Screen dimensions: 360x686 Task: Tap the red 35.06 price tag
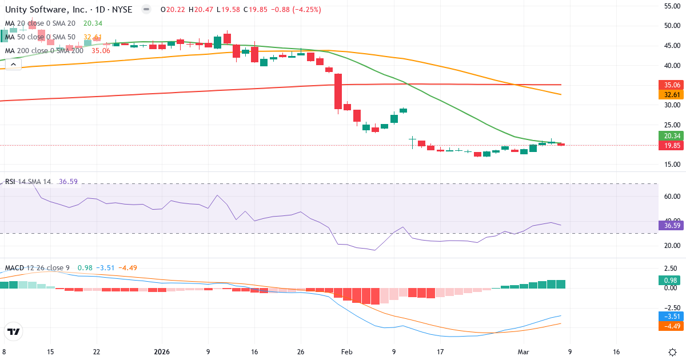click(671, 85)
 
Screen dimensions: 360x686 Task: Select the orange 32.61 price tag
click(671, 94)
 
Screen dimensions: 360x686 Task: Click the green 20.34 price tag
click(671, 136)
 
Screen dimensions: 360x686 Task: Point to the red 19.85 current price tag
click(671, 146)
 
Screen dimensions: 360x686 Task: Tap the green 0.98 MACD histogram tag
click(671, 281)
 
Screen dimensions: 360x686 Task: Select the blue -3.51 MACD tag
click(671, 316)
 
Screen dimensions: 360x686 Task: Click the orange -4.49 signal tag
click(671, 326)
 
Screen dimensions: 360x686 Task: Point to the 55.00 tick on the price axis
click(671, 6)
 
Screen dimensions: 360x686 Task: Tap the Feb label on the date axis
click(348, 352)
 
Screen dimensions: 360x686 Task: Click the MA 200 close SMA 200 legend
click(44, 51)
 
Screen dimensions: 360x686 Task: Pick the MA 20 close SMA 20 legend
click(40, 23)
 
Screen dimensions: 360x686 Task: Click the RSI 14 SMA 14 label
click(28, 182)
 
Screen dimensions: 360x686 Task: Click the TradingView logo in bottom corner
click(13, 331)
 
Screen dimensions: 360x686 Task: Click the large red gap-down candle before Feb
click(338, 91)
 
